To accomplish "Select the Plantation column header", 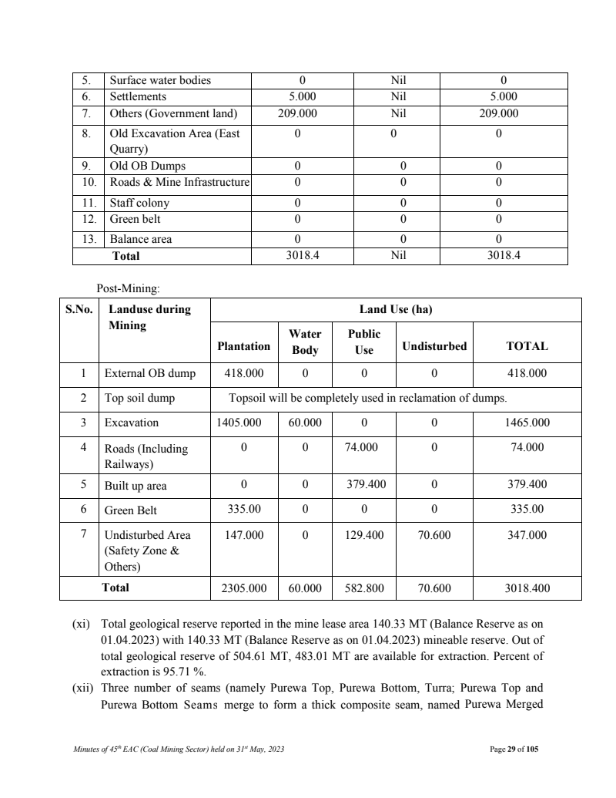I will pos(244,346).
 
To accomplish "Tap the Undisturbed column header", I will pos(434,346).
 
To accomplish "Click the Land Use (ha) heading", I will pos(396,310).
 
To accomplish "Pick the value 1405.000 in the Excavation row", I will pos(244,423).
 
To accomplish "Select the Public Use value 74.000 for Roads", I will pos(364,447).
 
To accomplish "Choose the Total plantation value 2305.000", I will pos(244,588).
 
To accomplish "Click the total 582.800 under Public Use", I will pos(364,588).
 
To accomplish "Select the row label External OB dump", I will pos(150,373).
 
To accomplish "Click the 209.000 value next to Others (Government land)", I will pos(300,113).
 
